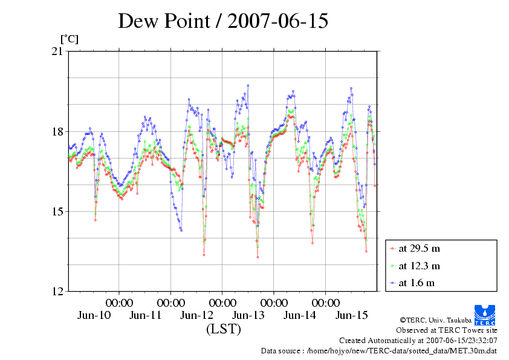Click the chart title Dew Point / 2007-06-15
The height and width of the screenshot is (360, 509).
pyautogui.click(x=223, y=21)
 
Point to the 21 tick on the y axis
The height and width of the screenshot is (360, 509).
pyautogui.click(x=58, y=52)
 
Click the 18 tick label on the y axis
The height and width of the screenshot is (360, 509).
pyautogui.click(x=58, y=132)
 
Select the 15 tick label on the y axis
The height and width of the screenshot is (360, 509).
pyautogui.click(x=58, y=212)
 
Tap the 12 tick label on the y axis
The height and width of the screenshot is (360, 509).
pyautogui.click(x=58, y=292)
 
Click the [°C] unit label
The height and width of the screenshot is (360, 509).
pyautogui.click(x=69, y=39)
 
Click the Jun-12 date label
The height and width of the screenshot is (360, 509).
pyautogui.click(x=197, y=315)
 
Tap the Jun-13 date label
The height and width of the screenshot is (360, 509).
pyautogui.click(x=248, y=315)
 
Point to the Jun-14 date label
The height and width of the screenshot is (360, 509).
pyautogui.click(x=300, y=315)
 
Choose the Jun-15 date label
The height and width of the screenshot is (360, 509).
pyautogui.click(x=352, y=315)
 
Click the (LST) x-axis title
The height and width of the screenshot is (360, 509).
pyautogui.click(x=223, y=330)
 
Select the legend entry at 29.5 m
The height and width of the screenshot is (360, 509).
pyautogui.click(x=418, y=248)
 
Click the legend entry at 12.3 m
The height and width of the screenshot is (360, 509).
pyautogui.click(x=418, y=265)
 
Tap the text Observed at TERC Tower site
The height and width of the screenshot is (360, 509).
pyautogui.click(x=447, y=330)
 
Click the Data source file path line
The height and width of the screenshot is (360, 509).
pyautogui.click(x=379, y=350)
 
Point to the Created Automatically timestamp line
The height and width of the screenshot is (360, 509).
pyautogui.click(x=418, y=341)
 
